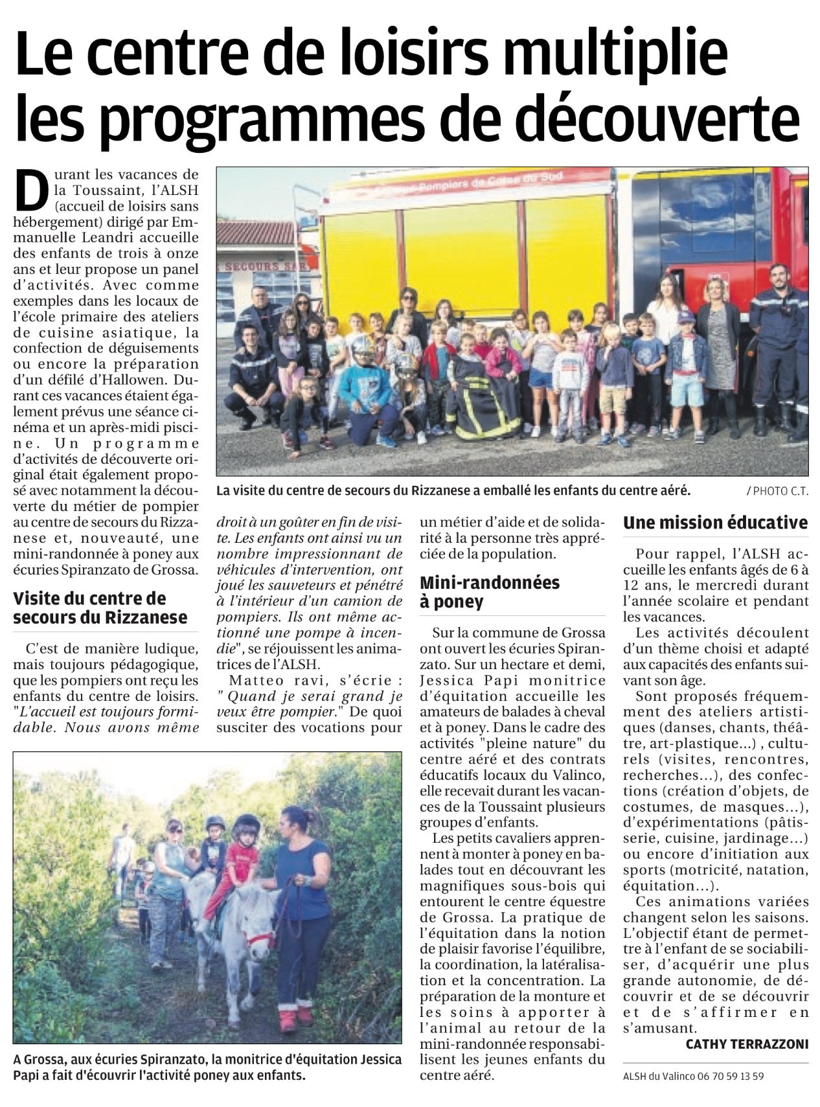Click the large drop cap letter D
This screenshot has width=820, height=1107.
[30, 188]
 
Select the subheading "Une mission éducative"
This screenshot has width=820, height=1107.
[715, 522]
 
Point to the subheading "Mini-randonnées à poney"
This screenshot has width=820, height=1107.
[489, 591]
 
